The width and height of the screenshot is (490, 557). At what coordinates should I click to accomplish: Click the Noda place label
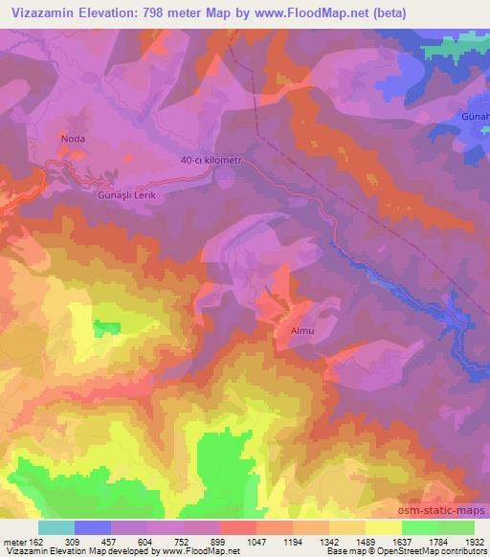(x=74, y=139)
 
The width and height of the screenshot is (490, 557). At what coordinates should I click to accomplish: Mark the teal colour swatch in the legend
(x=56, y=527)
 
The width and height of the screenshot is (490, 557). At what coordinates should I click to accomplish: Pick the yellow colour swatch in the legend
(x=383, y=527)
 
